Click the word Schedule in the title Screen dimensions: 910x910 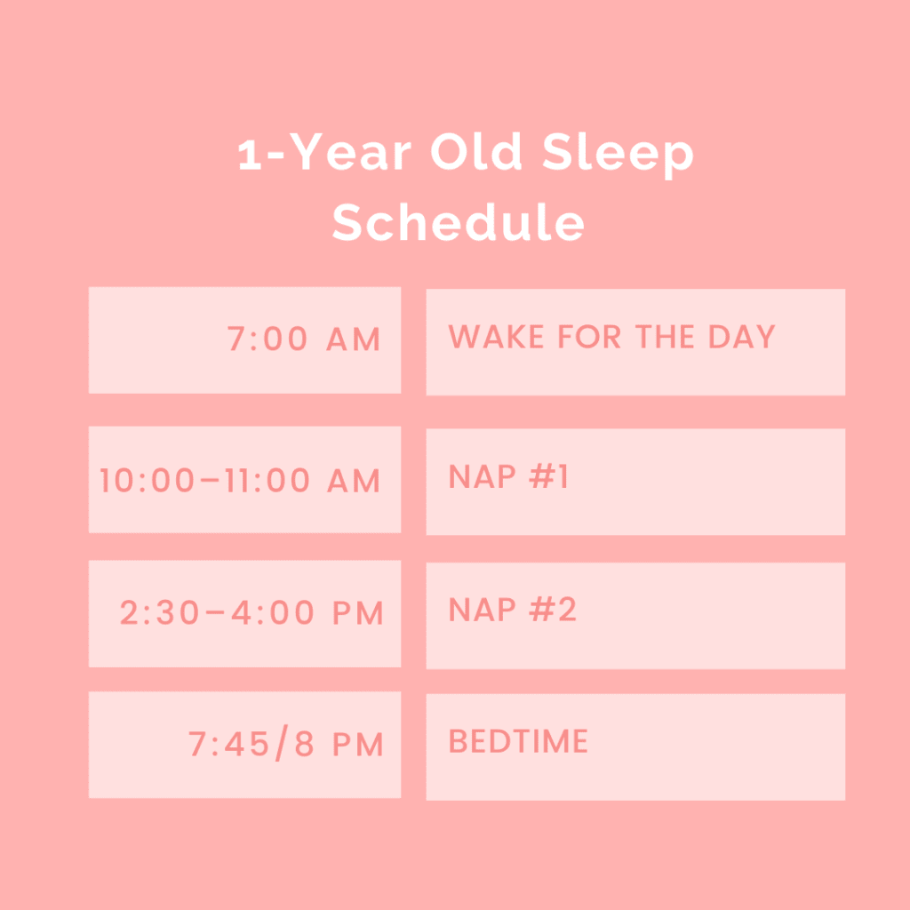[458, 221]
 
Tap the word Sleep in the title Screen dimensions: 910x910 [618, 154]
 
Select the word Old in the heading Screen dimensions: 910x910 [476, 151]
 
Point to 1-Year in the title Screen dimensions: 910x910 [324, 151]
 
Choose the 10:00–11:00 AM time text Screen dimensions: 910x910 [240, 481]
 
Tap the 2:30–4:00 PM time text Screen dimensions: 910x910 [251, 613]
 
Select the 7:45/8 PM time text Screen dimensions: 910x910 [285, 744]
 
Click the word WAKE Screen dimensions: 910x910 [496, 337]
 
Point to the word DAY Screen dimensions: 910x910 [742, 337]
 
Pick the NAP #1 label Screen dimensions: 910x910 [508, 476]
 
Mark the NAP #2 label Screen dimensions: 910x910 [513, 610]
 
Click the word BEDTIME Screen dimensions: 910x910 [518, 741]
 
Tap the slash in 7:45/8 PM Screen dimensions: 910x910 [282, 744]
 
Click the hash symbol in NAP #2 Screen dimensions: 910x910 [542, 610]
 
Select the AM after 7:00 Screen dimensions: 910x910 [354, 339]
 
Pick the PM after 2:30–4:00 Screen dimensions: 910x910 [358, 613]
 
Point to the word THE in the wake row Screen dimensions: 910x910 [665, 337]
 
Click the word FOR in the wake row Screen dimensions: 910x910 [590, 337]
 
